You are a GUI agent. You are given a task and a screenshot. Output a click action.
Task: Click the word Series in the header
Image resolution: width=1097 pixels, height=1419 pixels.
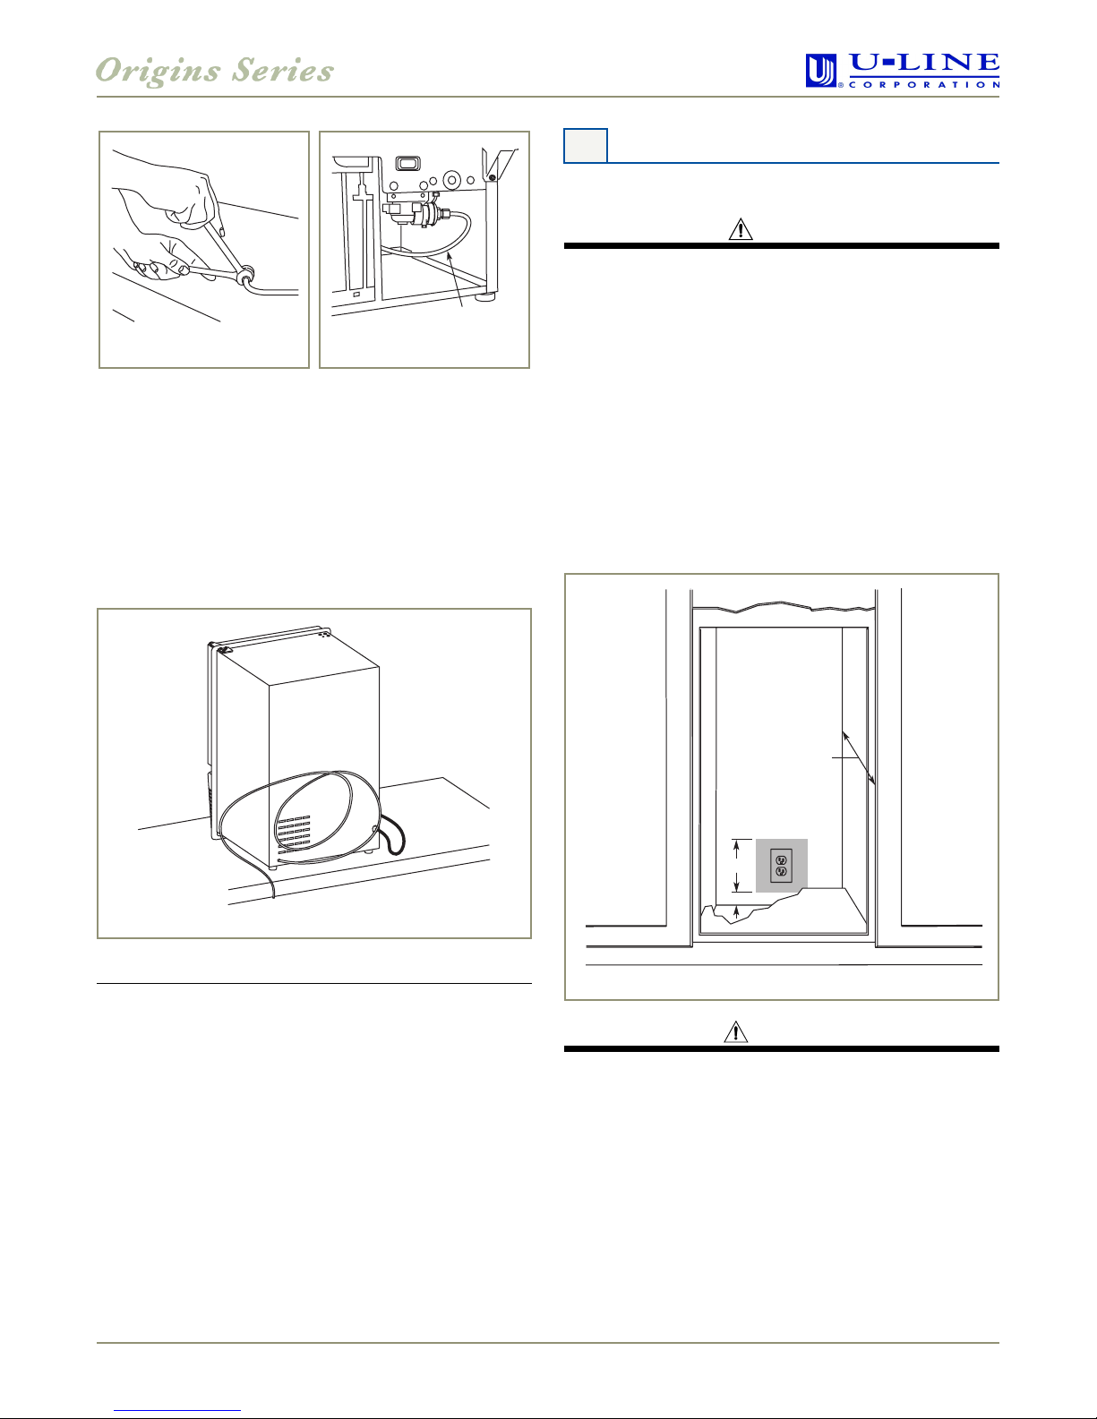coord(283,70)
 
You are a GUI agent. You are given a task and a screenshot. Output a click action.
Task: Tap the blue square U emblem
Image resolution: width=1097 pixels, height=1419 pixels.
coord(820,71)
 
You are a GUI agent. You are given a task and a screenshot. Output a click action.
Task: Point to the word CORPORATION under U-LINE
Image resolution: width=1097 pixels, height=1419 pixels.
coord(924,84)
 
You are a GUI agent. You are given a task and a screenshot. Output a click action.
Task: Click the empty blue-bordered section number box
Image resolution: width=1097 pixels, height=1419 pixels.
coord(586,146)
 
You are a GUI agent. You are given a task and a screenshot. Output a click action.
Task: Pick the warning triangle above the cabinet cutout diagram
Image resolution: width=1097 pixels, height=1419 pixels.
coord(741,229)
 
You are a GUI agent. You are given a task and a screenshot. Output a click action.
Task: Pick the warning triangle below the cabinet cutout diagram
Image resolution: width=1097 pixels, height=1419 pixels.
coord(736,1031)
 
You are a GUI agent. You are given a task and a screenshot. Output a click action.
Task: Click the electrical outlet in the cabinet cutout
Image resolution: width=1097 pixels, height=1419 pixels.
coord(781,865)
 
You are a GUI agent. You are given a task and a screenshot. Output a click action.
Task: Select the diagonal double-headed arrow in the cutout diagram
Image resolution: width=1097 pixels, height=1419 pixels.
coord(859,757)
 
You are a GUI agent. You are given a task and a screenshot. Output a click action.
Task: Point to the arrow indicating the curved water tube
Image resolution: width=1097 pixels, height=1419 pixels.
coord(455,279)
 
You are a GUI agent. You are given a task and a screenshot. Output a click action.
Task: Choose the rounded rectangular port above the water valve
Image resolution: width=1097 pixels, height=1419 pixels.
coord(408,163)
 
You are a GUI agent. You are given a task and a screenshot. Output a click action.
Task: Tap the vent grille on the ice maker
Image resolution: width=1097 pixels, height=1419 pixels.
coord(293,834)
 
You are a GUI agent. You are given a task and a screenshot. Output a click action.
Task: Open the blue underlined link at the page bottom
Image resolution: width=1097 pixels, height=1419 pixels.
coord(177,1411)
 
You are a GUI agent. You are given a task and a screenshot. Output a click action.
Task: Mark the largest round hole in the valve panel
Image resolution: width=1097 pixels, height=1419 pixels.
coord(451,178)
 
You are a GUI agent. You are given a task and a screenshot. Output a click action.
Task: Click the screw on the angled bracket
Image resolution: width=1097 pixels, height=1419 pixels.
coord(491,177)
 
